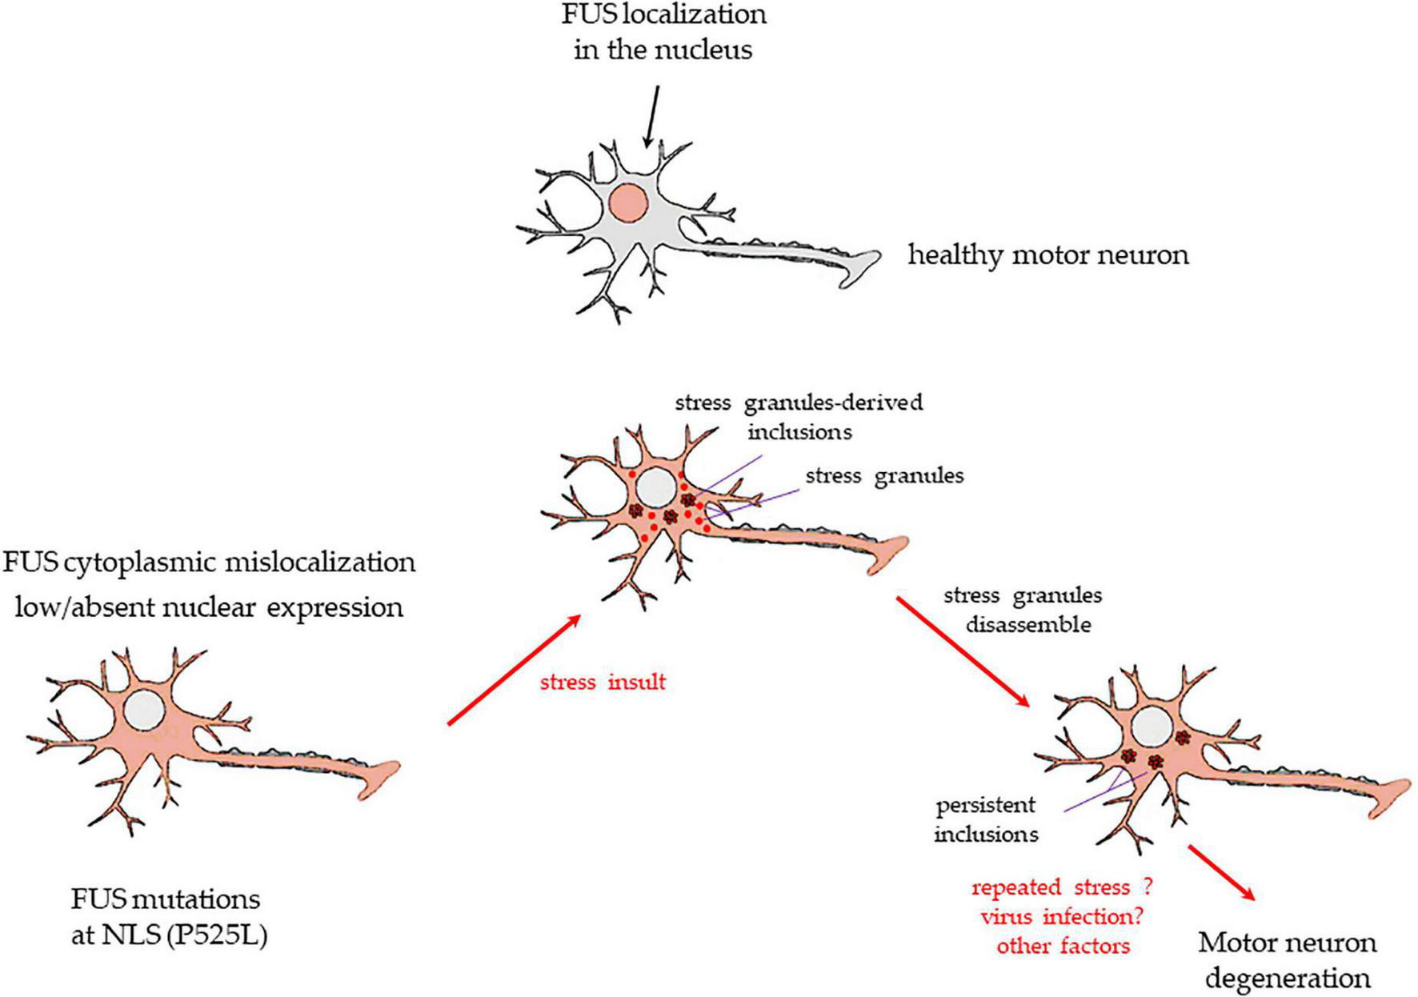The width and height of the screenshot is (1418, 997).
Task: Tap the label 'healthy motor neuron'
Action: tap(1047, 255)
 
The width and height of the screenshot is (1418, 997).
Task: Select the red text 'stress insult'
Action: tap(603, 683)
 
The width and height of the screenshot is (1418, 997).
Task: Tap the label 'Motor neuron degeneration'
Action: tap(1287, 960)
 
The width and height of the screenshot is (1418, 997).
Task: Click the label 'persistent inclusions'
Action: tap(986, 819)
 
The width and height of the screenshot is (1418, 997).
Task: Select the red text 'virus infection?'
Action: tap(1062, 917)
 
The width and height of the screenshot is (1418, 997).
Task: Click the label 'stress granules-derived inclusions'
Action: tap(799, 417)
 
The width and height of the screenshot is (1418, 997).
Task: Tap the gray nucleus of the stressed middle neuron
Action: tap(657, 486)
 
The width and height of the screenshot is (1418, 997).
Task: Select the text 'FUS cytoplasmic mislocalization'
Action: tap(210, 563)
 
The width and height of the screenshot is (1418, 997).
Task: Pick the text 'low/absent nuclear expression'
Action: tap(210, 608)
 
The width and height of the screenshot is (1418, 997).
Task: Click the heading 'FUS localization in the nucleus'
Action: tap(663, 32)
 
